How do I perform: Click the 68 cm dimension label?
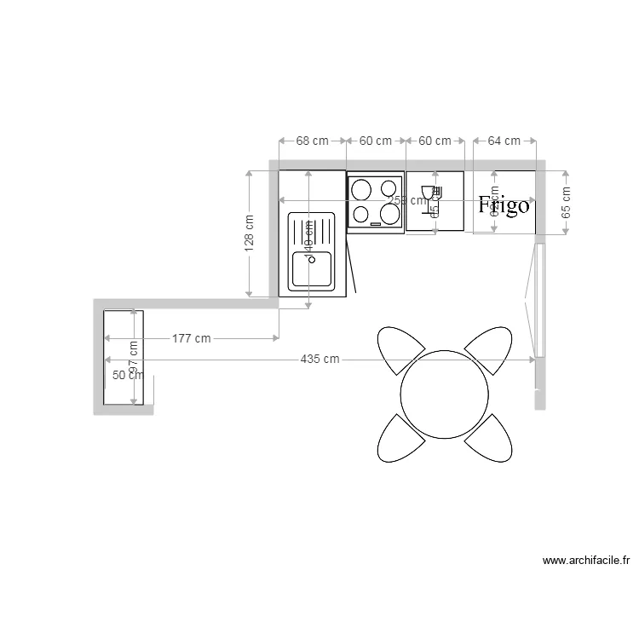pyautogui.click(x=313, y=141)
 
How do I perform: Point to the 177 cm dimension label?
pyautogui.click(x=191, y=338)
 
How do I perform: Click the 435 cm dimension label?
pyautogui.click(x=319, y=360)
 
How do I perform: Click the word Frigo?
pyautogui.click(x=504, y=205)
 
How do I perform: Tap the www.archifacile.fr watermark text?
pyautogui.click(x=586, y=561)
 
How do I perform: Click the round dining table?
pyautogui.click(x=445, y=393)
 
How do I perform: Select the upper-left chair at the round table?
pyautogui.click(x=400, y=349)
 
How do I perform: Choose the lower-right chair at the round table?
pyautogui.click(x=490, y=438)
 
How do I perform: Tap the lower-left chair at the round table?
pyautogui.click(x=400, y=438)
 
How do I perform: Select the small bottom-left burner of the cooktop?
pyautogui.click(x=361, y=214)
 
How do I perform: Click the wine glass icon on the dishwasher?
pyautogui.click(x=429, y=193)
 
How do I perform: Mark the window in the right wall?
pyautogui.click(x=538, y=299)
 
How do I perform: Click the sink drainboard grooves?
pyautogui.click(x=312, y=230)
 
